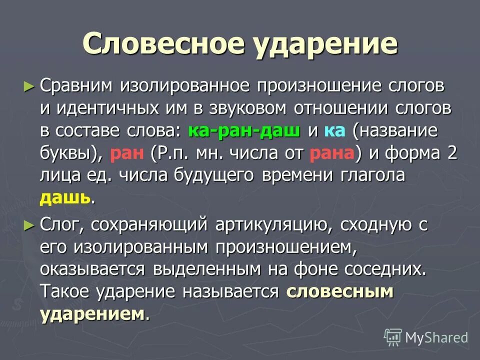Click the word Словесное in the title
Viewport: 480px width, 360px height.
(161, 43)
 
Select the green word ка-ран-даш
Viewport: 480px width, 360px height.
(244, 131)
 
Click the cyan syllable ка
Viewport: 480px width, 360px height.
(334, 131)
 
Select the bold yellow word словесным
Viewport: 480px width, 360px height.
(340, 292)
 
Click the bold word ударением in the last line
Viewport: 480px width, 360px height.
(92, 314)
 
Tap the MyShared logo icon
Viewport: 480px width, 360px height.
(393, 337)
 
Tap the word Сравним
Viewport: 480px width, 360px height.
(77, 86)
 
